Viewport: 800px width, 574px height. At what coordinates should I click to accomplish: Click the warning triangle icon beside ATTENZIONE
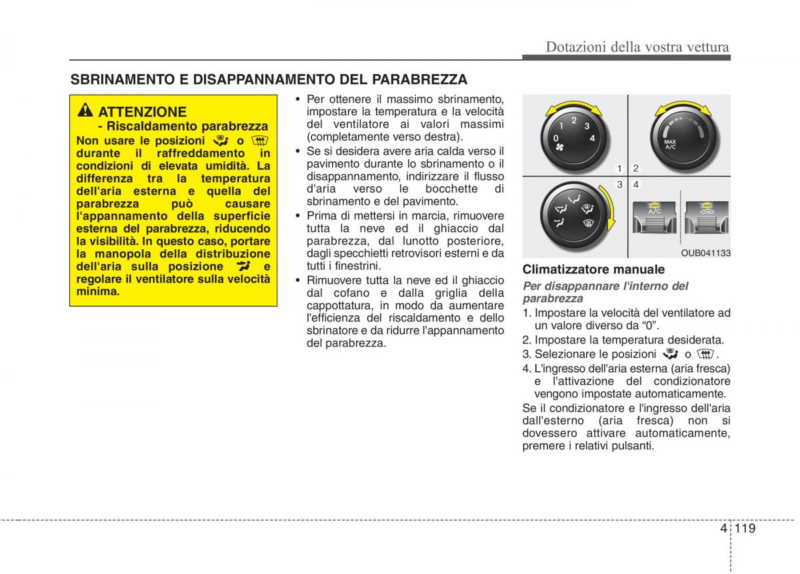[85, 111]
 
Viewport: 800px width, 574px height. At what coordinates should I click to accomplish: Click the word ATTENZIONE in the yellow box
[142, 111]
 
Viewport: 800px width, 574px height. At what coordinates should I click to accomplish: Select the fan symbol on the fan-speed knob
[560, 147]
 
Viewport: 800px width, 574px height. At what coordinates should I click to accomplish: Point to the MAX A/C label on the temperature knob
[670, 143]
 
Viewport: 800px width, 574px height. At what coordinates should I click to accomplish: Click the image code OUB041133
[705, 253]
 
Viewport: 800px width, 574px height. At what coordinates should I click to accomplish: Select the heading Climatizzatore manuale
[593, 269]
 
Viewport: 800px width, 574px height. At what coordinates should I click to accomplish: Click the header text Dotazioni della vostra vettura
[637, 47]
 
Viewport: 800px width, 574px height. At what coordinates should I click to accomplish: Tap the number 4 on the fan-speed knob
[592, 138]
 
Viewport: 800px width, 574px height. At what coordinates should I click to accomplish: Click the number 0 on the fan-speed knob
[556, 138]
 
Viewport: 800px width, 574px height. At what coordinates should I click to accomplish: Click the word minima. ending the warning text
[98, 291]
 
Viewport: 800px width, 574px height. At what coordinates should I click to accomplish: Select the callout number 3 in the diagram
[619, 184]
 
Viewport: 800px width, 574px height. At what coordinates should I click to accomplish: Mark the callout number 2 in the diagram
[636, 168]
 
